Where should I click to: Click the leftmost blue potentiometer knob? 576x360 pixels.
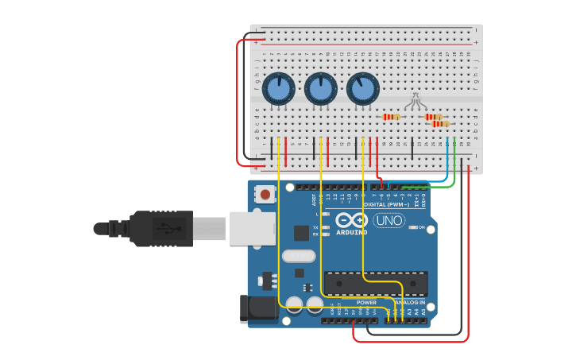click(x=278, y=89)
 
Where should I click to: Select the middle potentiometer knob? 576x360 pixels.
click(x=320, y=89)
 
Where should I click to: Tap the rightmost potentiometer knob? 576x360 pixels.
click(x=362, y=89)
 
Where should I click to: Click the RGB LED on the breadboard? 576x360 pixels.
click(x=415, y=101)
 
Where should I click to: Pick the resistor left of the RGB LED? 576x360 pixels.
click(x=391, y=117)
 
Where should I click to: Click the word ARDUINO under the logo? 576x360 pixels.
click(x=351, y=233)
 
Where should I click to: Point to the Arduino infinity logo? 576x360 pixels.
click(x=351, y=220)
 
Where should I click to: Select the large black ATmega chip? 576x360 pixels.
click(x=376, y=284)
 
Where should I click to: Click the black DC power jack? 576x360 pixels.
click(x=258, y=309)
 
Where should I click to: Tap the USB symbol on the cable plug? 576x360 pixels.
click(x=165, y=229)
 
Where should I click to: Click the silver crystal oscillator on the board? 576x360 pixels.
click(x=299, y=256)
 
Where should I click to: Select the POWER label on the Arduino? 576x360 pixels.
click(x=366, y=303)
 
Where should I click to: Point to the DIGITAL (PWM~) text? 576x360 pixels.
click(x=388, y=204)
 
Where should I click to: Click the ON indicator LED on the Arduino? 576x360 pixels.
click(x=412, y=227)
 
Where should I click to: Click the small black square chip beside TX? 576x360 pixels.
click(x=301, y=233)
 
